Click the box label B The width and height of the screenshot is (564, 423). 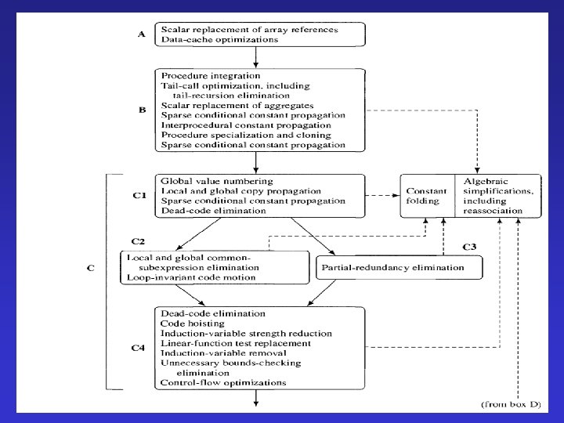click(x=142, y=110)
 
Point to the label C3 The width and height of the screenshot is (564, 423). click(x=470, y=247)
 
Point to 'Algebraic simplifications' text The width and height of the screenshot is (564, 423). click(x=497, y=190)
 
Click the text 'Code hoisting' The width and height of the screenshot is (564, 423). click(x=192, y=323)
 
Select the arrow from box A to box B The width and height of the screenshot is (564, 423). click(x=256, y=56)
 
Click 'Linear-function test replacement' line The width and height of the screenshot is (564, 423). click(x=225, y=343)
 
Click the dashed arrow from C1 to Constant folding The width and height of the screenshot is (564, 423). click(x=384, y=195)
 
